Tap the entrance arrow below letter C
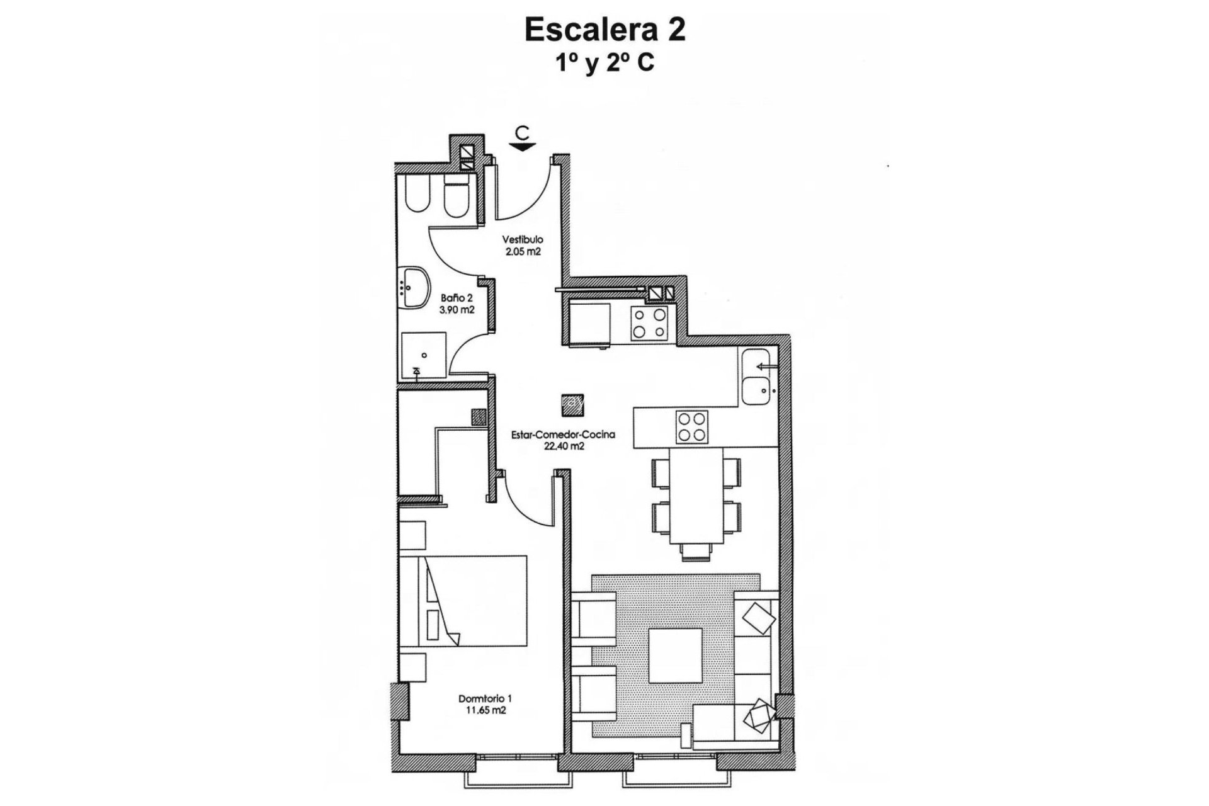pos(522,147)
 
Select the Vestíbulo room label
pos(522,240)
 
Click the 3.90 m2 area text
pos(457,310)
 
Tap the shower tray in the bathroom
pos(423,355)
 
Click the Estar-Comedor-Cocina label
pos(554,434)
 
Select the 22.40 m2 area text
pos(554,446)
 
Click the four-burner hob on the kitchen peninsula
pos(691,427)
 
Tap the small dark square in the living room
pos(572,404)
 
